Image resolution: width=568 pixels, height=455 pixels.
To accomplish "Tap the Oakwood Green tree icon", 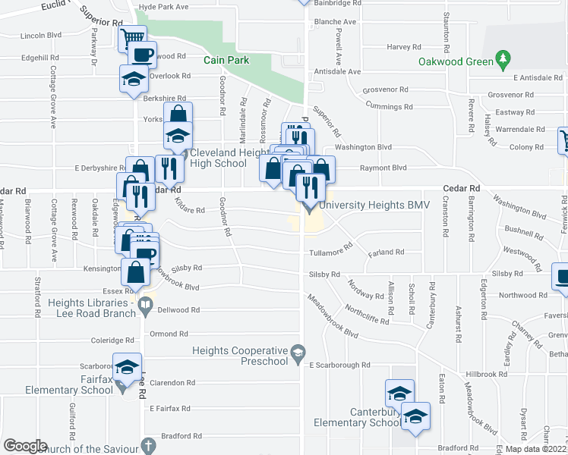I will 501,58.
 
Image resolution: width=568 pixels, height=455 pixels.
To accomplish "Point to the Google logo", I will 24,446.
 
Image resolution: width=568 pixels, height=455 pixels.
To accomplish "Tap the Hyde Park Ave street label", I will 163,7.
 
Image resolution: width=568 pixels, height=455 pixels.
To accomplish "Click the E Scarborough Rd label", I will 339,366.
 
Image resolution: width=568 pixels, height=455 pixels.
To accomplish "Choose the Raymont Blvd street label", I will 383,168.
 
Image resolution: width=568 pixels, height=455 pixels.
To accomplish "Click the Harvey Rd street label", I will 399,47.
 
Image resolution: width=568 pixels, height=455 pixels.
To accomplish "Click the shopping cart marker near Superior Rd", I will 133,37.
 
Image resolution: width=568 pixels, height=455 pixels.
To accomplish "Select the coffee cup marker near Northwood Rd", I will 560,276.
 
